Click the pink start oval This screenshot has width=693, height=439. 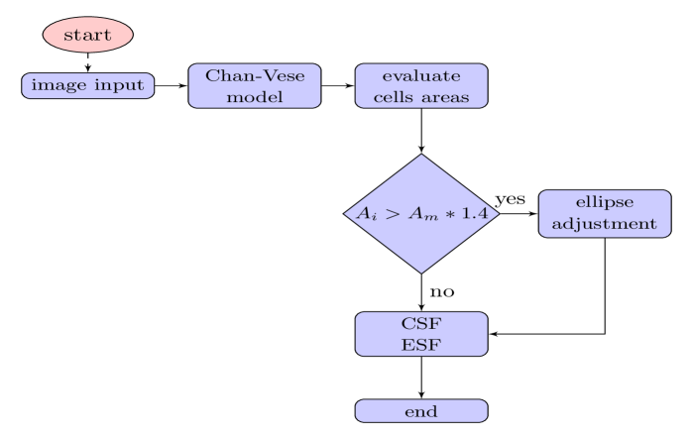point(87,35)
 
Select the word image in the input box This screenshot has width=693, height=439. point(54,86)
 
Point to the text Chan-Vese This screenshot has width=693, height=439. point(255,75)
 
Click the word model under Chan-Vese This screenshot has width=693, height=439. point(255,97)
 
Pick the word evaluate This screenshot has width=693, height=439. point(421,75)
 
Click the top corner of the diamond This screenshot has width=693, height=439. point(421,157)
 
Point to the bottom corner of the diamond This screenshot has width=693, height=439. point(421,271)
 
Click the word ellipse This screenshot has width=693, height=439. point(604,203)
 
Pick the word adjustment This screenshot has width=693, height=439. point(604,225)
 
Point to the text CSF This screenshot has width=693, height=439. point(421,323)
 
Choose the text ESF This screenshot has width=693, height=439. point(421,345)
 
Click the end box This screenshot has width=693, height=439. point(421,411)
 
